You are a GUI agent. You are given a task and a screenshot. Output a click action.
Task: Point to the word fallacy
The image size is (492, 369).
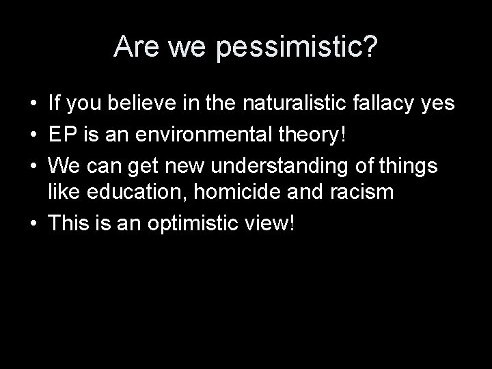(x=385, y=104)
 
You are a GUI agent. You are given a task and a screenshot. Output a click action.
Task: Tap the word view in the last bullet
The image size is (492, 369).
(x=270, y=223)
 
